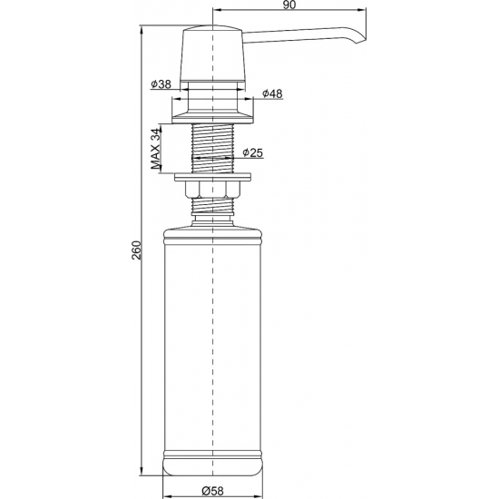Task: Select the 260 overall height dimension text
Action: coord(137,249)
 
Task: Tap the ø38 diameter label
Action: coord(161,84)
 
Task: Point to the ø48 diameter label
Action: coord(272,93)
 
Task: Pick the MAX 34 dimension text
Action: coord(155,148)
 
